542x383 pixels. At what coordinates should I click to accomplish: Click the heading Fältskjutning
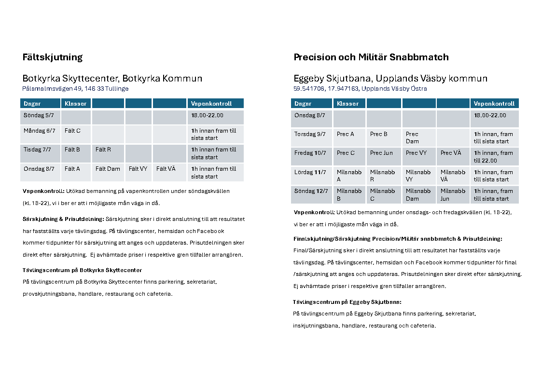click(53, 57)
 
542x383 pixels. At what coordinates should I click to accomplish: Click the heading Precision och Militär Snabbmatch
click(371, 57)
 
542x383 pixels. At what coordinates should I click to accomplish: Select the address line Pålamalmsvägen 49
click(75, 89)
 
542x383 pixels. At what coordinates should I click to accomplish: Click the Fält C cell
click(72, 131)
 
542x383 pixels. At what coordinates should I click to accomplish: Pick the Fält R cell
click(103, 150)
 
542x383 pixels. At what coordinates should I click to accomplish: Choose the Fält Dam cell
click(108, 169)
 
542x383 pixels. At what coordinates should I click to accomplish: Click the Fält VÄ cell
click(166, 169)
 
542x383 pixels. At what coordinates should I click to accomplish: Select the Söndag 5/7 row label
click(39, 115)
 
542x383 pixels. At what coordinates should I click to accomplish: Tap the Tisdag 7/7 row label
click(37, 150)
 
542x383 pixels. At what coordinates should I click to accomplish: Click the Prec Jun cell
click(381, 153)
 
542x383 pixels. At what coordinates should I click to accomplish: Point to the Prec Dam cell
click(412, 137)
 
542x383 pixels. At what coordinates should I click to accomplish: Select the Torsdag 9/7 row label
click(310, 134)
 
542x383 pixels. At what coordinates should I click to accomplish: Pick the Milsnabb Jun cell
click(453, 194)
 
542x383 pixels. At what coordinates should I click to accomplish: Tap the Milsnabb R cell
click(382, 176)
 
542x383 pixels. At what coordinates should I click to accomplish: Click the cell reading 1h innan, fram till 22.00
click(493, 156)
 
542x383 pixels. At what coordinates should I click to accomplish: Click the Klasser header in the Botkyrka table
click(75, 104)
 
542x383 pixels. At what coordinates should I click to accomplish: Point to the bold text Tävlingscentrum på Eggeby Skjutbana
click(347, 302)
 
